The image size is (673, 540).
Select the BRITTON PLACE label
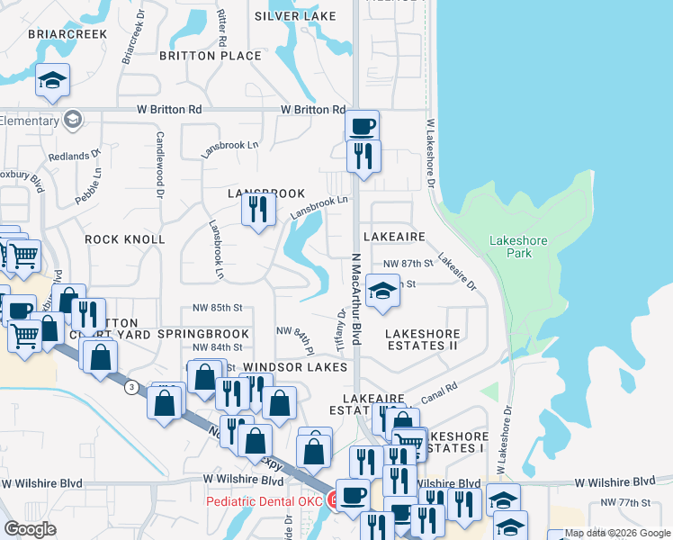pyautogui.click(x=210, y=56)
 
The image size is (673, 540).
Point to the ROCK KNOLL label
pyautogui.click(x=125, y=239)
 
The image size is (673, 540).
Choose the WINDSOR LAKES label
pyautogui.click(x=295, y=367)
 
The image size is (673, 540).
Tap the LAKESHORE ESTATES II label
pyautogui.click(x=422, y=339)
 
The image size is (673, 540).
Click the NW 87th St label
pyautogui.click(x=408, y=263)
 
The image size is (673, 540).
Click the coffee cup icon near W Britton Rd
pyautogui.click(x=362, y=126)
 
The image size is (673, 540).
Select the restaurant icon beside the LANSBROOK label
pyautogui.click(x=258, y=211)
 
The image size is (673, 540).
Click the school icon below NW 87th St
pyautogui.click(x=382, y=292)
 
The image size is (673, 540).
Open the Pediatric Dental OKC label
pyautogui.click(x=267, y=500)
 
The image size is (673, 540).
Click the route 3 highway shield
pyautogui.click(x=132, y=387)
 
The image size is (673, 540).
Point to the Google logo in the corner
pyautogui.click(x=30, y=529)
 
